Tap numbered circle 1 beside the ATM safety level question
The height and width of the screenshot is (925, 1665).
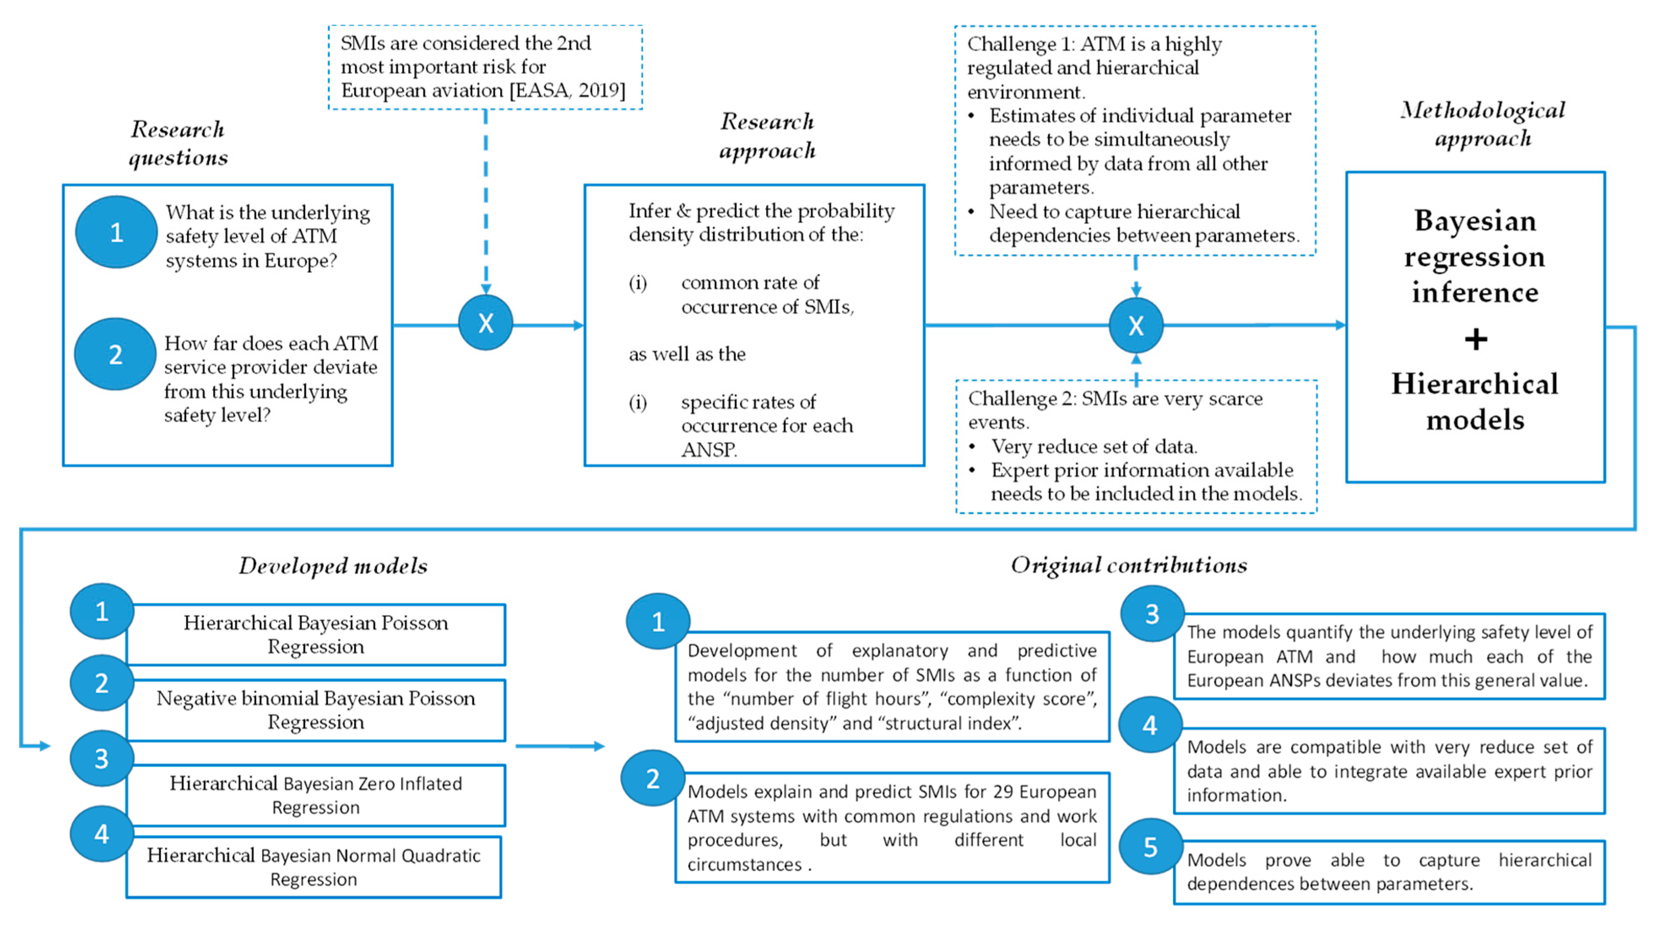[x=116, y=232]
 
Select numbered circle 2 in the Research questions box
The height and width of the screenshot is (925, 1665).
[x=116, y=354]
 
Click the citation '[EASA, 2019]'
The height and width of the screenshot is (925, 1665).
[x=568, y=90]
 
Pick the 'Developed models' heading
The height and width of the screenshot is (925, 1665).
[x=333, y=566]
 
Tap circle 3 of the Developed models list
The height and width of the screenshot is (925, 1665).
[x=101, y=758]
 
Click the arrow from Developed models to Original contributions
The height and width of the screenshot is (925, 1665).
[x=559, y=746]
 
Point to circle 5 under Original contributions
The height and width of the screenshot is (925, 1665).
[x=1151, y=847]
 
